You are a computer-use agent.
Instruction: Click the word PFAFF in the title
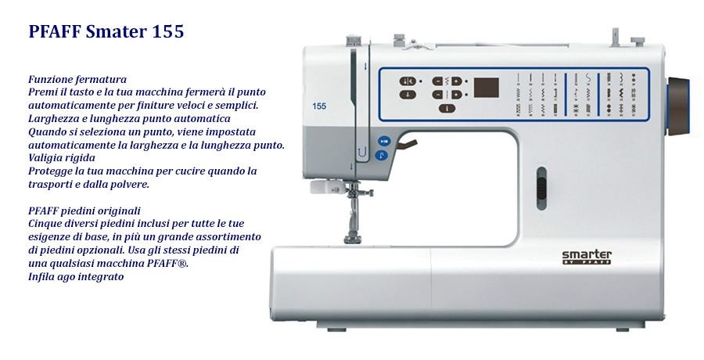coord(54,31)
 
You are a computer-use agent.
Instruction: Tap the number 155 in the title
coord(168,31)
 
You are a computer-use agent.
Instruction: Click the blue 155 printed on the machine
coord(319,106)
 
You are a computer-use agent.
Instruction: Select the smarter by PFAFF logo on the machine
coord(587,257)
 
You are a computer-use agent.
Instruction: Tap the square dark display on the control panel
coord(487,88)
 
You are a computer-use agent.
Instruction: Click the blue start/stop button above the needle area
coord(383,141)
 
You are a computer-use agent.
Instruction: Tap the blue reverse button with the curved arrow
coord(381,156)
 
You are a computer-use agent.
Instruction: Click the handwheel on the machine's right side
coord(678,106)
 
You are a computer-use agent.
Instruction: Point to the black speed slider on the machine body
coord(542,188)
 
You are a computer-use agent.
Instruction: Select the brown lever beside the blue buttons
coord(406,145)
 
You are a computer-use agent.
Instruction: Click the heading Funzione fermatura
coord(77,80)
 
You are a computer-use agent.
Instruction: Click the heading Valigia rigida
coord(62,158)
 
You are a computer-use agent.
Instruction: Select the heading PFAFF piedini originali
coord(84,211)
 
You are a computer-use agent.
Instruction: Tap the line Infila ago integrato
coord(76,276)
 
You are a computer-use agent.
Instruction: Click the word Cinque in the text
coord(45,224)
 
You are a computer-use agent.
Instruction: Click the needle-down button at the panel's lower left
coord(408,95)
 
